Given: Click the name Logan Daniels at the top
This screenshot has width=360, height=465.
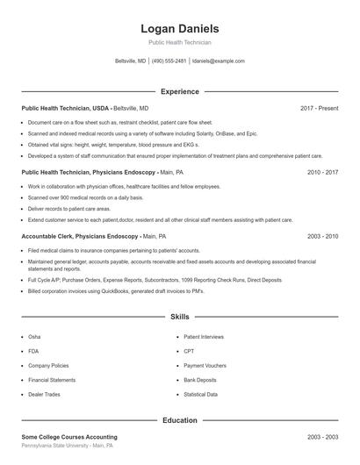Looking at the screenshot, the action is (x=179, y=29).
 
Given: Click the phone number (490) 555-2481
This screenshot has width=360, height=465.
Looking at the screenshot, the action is (x=169, y=61).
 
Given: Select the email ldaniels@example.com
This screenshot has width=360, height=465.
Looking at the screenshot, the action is (x=218, y=61).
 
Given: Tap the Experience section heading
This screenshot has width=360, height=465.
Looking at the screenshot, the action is (x=179, y=91).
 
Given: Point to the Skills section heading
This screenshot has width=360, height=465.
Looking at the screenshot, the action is (x=179, y=316).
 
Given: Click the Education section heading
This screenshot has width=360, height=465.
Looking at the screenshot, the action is (x=179, y=420).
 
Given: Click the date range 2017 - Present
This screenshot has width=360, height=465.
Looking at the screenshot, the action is (x=319, y=108).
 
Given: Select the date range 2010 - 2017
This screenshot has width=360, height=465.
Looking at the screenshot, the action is (x=322, y=173).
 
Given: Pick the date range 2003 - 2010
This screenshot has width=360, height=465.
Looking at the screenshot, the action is (x=322, y=237).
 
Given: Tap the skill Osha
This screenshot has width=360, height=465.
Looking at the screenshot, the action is (x=34, y=336).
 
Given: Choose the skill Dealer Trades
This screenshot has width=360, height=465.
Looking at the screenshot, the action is (x=44, y=395).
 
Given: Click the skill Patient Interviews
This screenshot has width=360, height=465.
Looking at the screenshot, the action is (x=204, y=336).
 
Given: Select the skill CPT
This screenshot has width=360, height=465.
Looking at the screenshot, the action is (x=189, y=351).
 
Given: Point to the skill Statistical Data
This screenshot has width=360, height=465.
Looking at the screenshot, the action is (x=201, y=395).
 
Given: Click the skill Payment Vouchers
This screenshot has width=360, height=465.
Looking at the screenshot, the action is (x=205, y=365).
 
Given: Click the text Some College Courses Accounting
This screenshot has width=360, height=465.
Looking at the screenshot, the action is (x=69, y=437).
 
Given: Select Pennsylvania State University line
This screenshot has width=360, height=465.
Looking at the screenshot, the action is (x=67, y=446).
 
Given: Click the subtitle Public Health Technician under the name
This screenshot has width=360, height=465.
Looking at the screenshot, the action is (x=179, y=42).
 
